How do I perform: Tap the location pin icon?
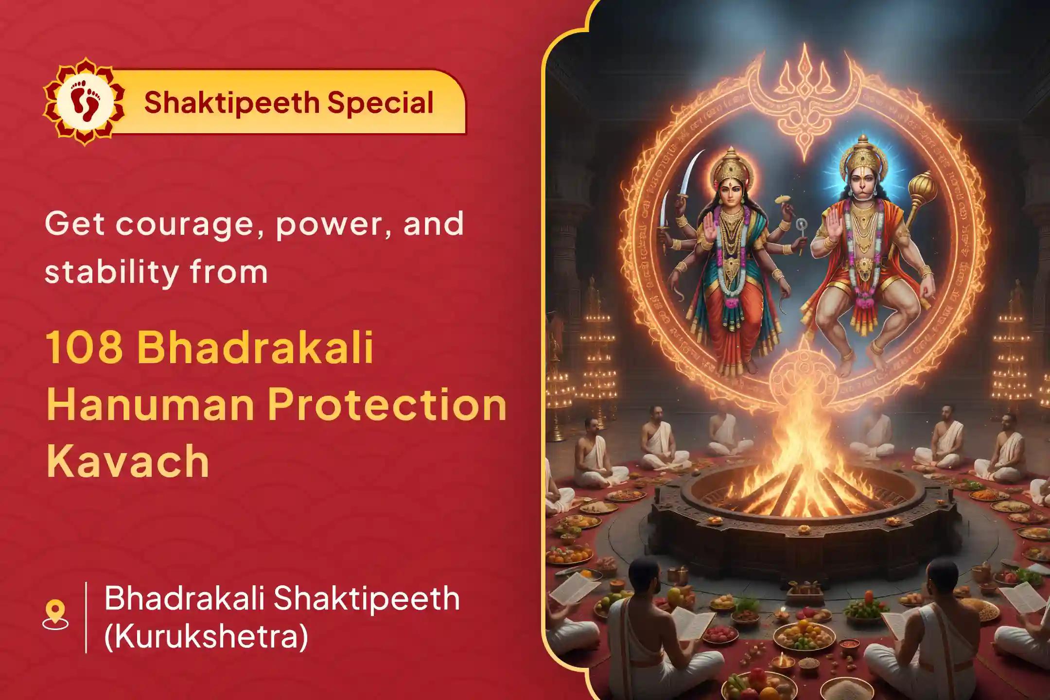pos(55,615)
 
